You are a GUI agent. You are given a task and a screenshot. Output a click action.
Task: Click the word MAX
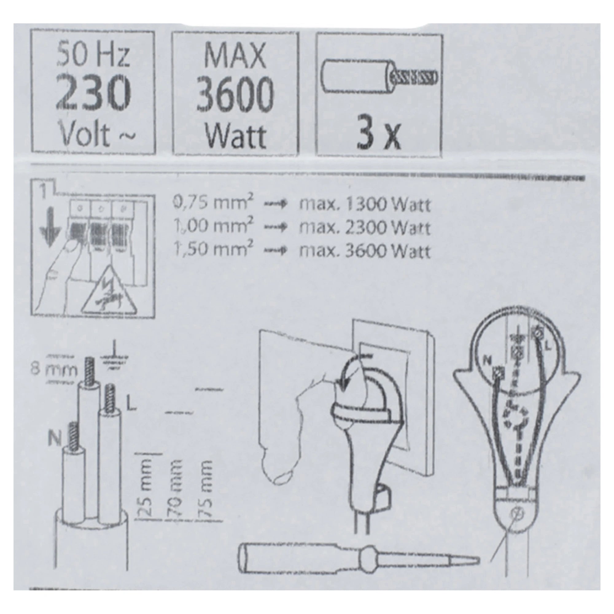click(235, 56)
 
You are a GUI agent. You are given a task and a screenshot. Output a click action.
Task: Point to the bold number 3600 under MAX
click(235, 94)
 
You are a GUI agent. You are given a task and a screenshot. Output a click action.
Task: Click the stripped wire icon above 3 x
click(380, 76)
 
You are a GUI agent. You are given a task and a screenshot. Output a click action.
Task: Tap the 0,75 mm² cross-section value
click(213, 204)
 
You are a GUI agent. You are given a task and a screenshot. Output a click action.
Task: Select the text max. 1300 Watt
click(365, 205)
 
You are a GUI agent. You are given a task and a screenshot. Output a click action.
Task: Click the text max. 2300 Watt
click(365, 227)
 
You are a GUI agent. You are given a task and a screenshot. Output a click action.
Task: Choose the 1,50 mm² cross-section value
click(213, 251)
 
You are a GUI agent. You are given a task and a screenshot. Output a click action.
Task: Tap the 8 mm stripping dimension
click(54, 370)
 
